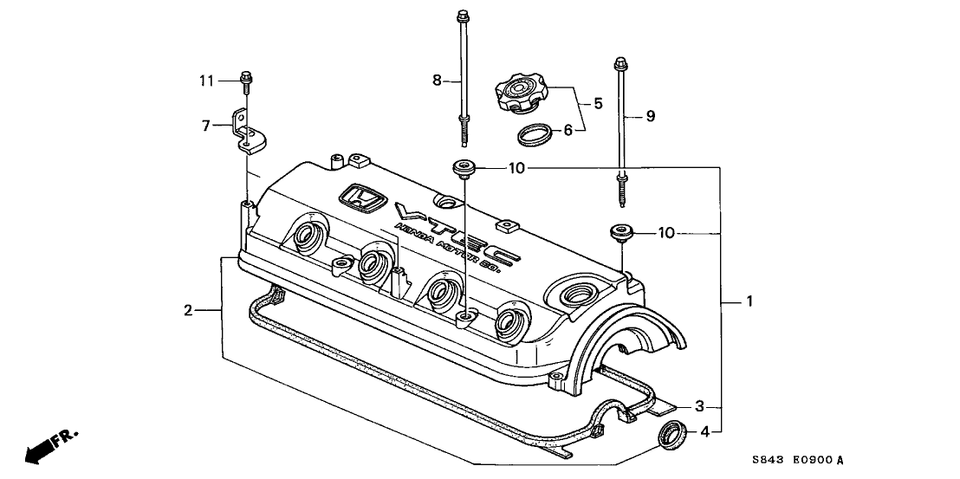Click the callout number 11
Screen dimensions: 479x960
[x=205, y=81]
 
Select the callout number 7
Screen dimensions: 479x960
[x=206, y=126]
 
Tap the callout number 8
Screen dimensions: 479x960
[x=438, y=81]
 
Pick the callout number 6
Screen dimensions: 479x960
[x=568, y=130]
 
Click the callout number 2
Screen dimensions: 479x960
[x=187, y=309]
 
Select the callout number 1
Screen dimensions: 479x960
[x=749, y=302]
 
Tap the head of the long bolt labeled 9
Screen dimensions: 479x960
[x=619, y=64]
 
